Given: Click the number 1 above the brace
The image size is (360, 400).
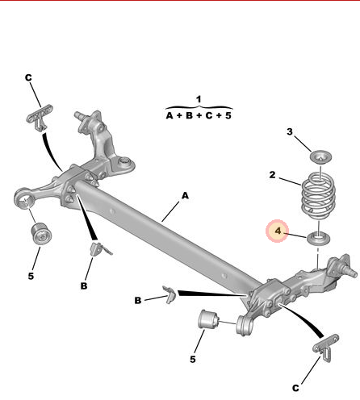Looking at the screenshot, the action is click(x=199, y=99).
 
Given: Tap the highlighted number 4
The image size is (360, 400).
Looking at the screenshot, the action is click(x=278, y=231).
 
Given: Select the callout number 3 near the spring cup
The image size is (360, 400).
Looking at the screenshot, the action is click(x=290, y=131).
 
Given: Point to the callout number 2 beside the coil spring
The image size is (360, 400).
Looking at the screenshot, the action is click(x=272, y=175).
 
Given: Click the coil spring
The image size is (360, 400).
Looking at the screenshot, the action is click(x=318, y=196).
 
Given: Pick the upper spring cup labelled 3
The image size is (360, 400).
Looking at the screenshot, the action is click(x=320, y=156).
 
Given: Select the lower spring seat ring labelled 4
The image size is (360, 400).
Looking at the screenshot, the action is click(x=318, y=238).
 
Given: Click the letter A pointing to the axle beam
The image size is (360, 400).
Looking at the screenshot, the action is click(x=185, y=195).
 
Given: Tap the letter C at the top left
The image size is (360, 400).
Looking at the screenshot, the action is click(x=28, y=77).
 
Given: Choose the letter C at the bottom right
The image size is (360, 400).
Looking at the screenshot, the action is click(x=295, y=388).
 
